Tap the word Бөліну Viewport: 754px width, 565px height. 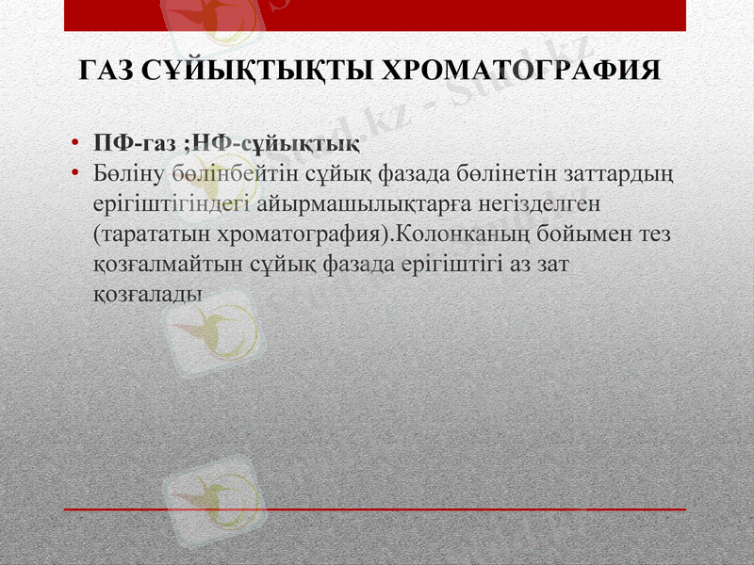tap(129, 174)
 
